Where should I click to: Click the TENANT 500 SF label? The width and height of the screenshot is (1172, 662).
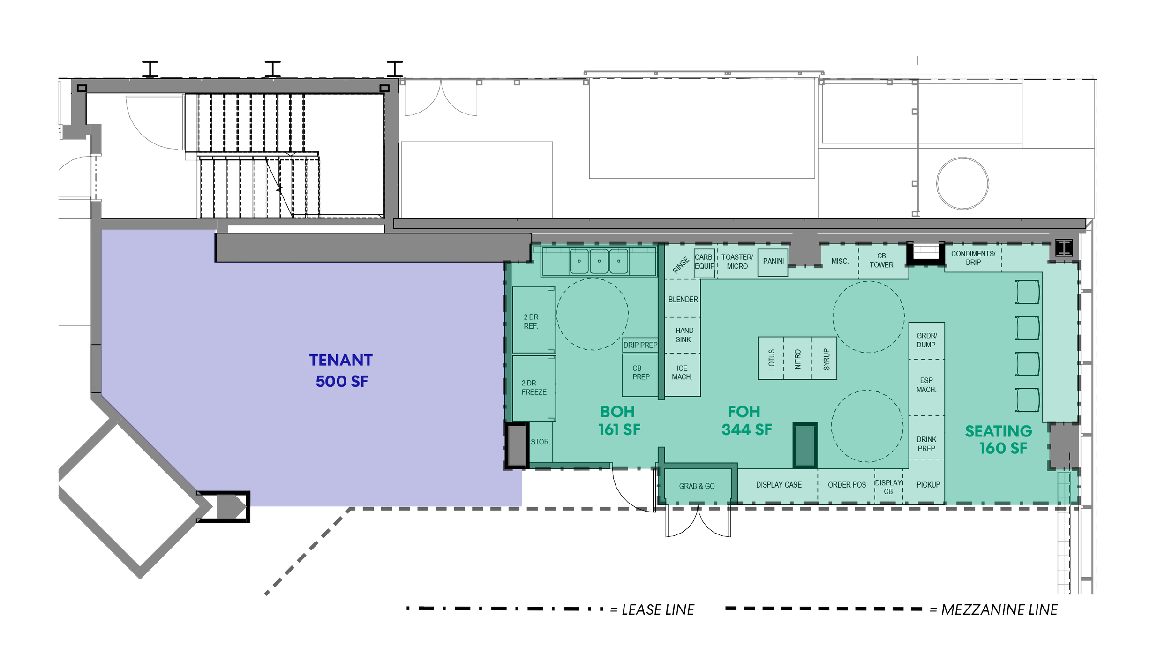pyautogui.click(x=341, y=370)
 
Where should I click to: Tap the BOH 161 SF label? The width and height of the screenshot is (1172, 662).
pyautogui.click(x=619, y=421)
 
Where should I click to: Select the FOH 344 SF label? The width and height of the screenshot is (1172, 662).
pyautogui.click(x=746, y=421)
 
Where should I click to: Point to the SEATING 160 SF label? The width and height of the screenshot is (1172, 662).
pyautogui.click(x=999, y=439)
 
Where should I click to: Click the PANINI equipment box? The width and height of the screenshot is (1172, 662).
pyautogui.click(x=773, y=262)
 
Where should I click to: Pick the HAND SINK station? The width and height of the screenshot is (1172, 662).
pyautogui.click(x=683, y=335)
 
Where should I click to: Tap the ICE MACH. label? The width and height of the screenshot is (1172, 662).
pyautogui.click(x=682, y=373)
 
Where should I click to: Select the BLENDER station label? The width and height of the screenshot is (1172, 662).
pyautogui.click(x=683, y=300)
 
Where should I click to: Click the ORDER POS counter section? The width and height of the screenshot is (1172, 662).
pyautogui.click(x=846, y=485)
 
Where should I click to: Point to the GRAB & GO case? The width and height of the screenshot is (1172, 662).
pyautogui.click(x=697, y=486)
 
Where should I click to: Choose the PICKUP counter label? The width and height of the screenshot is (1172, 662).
pyautogui.click(x=928, y=485)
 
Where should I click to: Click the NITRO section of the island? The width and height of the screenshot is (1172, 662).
pyautogui.click(x=797, y=359)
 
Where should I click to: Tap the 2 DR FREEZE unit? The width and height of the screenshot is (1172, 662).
pyautogui.click(x=534, y=388)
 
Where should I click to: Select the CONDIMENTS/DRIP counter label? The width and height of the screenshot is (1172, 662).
pyautogui.click(x=973, y=258)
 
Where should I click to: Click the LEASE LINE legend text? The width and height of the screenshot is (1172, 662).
pyautogui.click(x=658, y=609)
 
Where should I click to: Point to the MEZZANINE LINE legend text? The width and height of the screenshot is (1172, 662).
pyautogui.click(x=999, y=609)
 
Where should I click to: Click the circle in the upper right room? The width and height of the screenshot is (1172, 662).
pyautogui.click(x=962, y=183)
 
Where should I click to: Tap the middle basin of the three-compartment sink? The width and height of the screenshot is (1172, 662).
pyautogui.click(x=599, y=261)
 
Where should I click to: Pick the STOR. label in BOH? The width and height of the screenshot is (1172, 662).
pyautogui.click(x=540, y=442)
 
